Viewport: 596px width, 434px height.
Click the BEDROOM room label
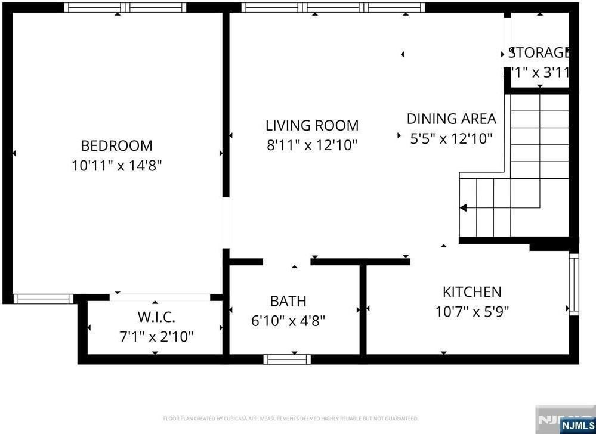pos(116,145)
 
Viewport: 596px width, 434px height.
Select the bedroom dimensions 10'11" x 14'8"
pos(116,165)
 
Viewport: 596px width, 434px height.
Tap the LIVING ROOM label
pos(312,125)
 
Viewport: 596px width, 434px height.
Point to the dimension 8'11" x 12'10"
pos(312,145)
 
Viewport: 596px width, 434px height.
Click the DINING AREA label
pos(451,119)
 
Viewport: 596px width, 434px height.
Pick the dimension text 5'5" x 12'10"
pos(451,138)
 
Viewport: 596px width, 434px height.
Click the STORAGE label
pos(539,52)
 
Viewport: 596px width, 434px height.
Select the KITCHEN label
pos(471,292)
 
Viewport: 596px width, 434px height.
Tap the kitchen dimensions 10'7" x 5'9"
pos(471,311)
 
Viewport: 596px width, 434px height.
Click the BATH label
pos(288,301)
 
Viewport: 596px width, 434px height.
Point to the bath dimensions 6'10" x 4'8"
pos(288,321)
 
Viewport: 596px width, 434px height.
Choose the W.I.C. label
pos(156,317)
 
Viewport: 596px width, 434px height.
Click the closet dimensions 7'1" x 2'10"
pos(156,337)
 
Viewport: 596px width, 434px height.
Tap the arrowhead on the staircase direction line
pos(463,208)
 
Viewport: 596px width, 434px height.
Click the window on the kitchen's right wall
pos(573,284)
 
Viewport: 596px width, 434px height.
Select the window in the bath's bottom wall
pos(288,359)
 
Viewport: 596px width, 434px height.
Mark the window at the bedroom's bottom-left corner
pos(43,299)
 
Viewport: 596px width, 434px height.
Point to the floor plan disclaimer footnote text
pos(291,418)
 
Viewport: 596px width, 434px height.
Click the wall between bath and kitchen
pos(363,309)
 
